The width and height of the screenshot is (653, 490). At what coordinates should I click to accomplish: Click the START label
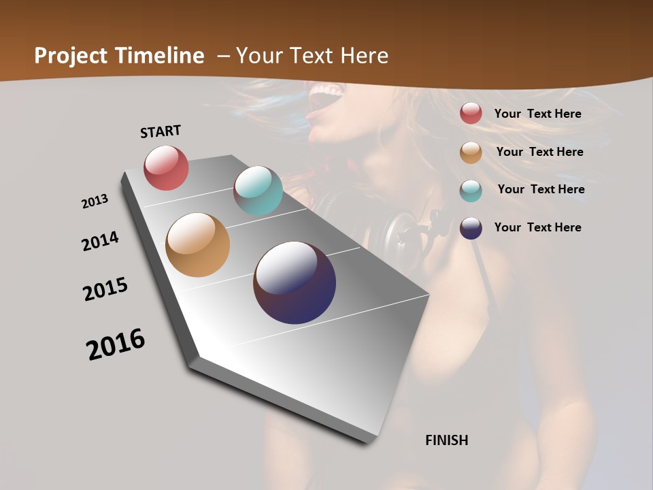tap(161, 131)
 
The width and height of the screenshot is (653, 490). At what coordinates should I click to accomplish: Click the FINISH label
tap(446, 440)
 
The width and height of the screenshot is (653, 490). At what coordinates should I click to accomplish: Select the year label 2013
tap(95, 201)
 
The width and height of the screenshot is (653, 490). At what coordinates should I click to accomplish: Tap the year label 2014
tap(100, 242)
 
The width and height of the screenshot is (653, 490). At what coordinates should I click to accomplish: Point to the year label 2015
tap(105, 289)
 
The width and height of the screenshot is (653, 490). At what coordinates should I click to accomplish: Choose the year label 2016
tap(116, 344)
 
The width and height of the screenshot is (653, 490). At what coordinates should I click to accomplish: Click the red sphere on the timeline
tap(166, 167)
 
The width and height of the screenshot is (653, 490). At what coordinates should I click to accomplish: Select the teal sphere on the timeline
tap(258, 191)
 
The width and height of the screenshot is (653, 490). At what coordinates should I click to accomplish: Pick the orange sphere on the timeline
tap(197, 245)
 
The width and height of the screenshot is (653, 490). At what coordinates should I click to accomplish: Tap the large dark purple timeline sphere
tap(295, 282)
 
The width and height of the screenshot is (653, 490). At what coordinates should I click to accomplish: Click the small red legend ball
tap(471, 114)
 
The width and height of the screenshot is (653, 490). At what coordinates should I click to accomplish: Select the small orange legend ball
tap(471, 152)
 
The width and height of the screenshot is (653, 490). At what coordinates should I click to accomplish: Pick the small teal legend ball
tap(471, 190)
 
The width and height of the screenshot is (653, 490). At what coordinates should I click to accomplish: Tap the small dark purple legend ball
tap(471, 228)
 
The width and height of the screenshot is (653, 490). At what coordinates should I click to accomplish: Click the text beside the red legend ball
tap(537, 114)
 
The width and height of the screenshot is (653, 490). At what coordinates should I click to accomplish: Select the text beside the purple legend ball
tap(537, 227)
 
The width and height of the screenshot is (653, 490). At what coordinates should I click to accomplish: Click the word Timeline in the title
tap(160, 56)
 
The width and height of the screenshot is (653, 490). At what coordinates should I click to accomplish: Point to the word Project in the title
tap(71, 56)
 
